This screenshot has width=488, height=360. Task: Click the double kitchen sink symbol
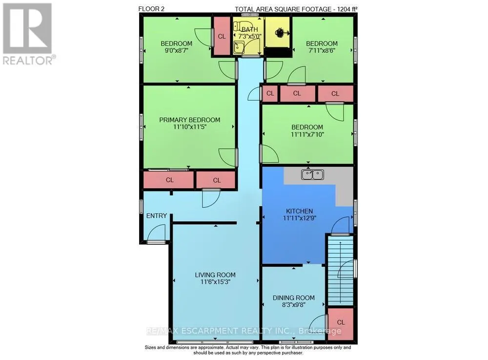click(x=312, y=175)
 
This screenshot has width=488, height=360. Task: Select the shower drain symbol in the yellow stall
click(x=280, y=32)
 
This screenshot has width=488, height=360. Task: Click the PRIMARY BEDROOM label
click(x=189, y=120)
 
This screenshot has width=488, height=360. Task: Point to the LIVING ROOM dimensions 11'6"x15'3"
click(x=215, y=282)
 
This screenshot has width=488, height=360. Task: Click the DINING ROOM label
click(x=293, y=297)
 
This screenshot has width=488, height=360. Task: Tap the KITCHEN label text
click(x=300, y=211)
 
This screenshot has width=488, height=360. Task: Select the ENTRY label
click(x=157, y=215)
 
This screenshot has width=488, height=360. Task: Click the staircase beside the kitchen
click(x=341, y=271)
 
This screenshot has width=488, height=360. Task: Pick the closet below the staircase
click(x=341, y=324)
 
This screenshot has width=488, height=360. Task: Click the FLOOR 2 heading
click(x=151, y=9)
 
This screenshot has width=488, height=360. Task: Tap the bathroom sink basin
click(x=239, y=48)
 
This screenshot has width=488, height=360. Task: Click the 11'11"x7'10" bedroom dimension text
click(x=307, y=134)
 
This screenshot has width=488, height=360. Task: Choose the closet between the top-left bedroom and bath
click(x=222, y=37)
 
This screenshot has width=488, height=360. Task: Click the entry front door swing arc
click(x=156, y=232)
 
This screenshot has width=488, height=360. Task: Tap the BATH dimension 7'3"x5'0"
click(x=249, y=36)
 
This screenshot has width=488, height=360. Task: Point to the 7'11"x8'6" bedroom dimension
click(x=322, y=51)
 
